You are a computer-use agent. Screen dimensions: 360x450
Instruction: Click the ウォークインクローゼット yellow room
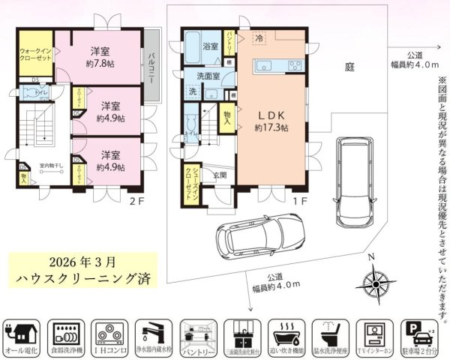tap(34, 54)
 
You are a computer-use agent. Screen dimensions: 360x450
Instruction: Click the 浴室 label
tap(211, 46)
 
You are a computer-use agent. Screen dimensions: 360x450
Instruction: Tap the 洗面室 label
tap(208, 76)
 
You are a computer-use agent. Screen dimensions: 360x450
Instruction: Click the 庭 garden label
tap(349, 66)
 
